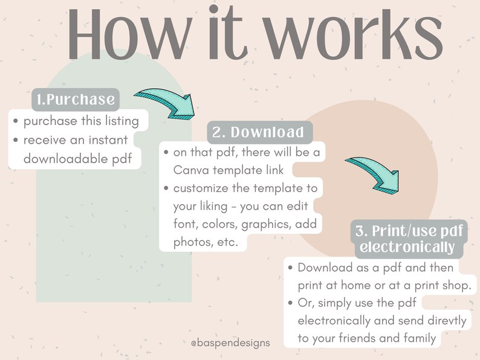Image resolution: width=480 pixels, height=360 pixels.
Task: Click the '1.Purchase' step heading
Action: click(x=76, y=100)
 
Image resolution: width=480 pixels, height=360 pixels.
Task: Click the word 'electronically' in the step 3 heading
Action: click(x=407, y=247)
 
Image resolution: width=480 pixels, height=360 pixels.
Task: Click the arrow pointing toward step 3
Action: click(x=375, y=175)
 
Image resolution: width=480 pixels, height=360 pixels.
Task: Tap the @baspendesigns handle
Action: click(x=230, y=343)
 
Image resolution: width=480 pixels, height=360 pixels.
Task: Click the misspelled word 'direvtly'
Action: click(x=447, y=321)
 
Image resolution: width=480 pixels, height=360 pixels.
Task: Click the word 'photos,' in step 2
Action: click(x=193, y=242)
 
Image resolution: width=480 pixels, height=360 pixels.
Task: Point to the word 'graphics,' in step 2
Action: click(x=266, y=225)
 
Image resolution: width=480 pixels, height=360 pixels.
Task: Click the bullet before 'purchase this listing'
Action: click(x=16, y=121)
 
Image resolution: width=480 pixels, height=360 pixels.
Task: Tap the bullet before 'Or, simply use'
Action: click(x=291, y=303)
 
